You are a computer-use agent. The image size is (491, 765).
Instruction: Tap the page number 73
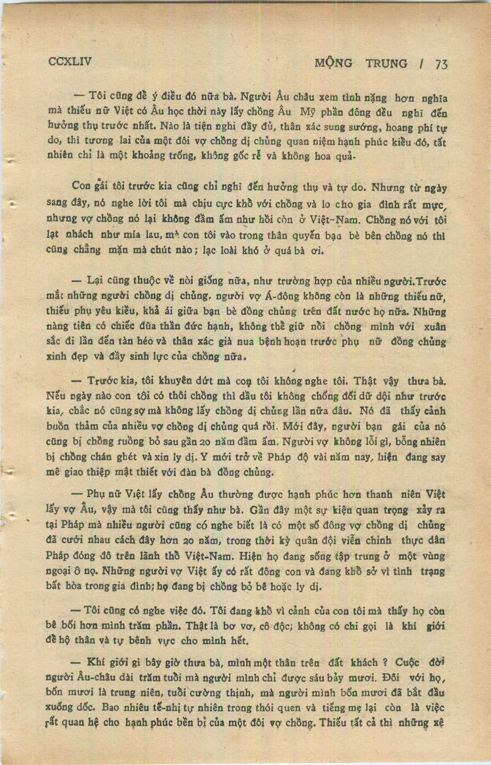point(441,64)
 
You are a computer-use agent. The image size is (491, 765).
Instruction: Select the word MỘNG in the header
point(333,63)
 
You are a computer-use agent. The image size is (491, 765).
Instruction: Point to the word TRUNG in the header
point(386,63)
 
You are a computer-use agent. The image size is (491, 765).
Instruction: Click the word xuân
point(435,326)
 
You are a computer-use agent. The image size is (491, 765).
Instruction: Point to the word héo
point(147,342)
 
